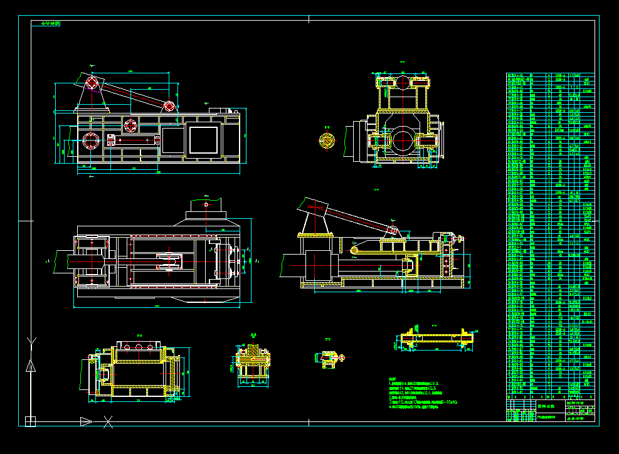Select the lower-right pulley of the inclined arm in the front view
(x=169, y=106)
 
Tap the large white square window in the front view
(x=203, y=140)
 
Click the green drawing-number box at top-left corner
(x=50, y=23)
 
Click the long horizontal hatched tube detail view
(x=436, y=339)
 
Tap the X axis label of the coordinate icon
(x=108, y=421)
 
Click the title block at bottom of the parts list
(x=550, y=412)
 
